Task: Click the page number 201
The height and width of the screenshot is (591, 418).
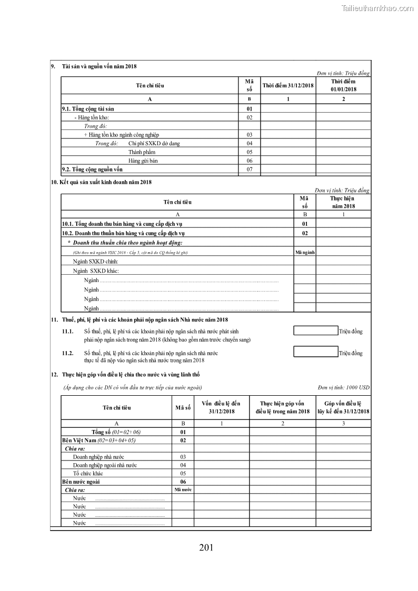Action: point(206,548)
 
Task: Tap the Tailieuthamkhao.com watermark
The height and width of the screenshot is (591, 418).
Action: point(377,8)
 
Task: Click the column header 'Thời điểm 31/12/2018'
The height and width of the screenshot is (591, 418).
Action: point(288,86)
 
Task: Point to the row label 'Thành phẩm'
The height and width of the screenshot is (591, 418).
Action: point(142,152)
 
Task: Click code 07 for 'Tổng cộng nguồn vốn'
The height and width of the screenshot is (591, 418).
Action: point(250,169)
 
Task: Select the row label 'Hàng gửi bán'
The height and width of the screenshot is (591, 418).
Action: point(143,161)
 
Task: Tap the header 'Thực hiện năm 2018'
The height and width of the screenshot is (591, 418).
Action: point(342,203)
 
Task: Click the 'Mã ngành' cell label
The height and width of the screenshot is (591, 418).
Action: point(305,253)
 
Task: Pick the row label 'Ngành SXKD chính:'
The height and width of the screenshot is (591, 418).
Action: point(96,262)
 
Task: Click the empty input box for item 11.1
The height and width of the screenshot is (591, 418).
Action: point(315,331)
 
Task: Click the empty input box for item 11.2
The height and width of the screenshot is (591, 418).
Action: point(315,352)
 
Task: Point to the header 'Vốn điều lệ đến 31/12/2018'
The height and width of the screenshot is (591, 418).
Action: point(222,407)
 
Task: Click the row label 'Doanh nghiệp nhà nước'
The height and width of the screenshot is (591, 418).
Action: point(98,457)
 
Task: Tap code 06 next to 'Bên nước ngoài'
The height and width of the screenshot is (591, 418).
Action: point(183,482)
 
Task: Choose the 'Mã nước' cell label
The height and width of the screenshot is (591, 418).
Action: point(183,489)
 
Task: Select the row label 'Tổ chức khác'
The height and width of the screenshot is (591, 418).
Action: point(88,473)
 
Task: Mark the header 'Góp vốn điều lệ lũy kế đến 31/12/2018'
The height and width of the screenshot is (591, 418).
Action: point(343,407)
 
